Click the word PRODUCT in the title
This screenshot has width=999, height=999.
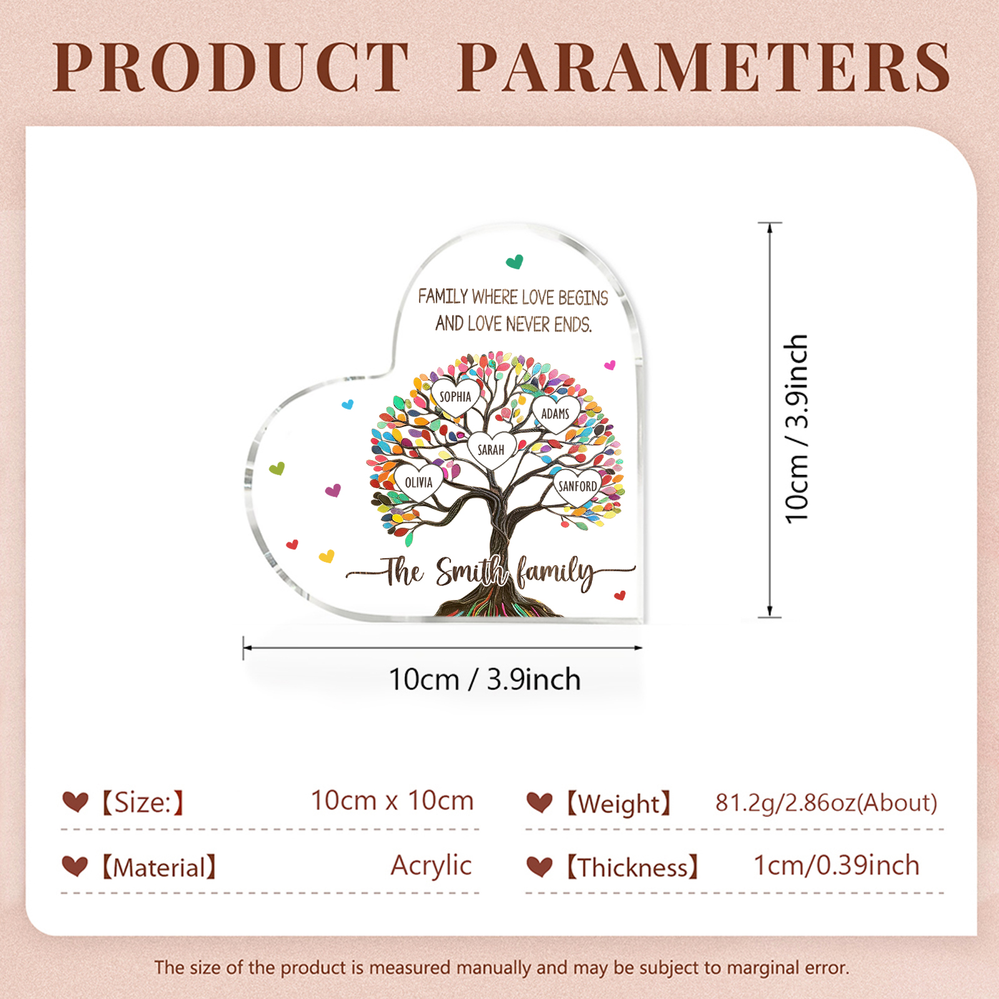coord(231,67)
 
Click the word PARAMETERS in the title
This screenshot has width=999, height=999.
coord(704,67)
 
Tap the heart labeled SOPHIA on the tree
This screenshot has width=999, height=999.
coord(455,396)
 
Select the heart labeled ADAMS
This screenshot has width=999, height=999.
coord(555,413)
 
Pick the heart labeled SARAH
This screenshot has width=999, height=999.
coord(491,450)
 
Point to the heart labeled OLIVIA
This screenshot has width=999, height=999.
coord(418,482)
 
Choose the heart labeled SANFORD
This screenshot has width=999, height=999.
coord(577,486)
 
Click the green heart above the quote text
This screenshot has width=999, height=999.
coord(514,262)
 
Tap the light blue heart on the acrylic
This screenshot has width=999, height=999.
coord(348,405)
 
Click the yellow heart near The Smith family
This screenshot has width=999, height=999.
coord(327,556)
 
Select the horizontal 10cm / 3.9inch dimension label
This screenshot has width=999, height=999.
coord(485,679)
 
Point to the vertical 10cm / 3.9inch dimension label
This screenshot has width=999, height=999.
coord(797,428)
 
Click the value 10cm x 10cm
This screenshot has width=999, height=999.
coord(392,800)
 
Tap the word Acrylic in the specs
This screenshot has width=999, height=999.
coord(431,865)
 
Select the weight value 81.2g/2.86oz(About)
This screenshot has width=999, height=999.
coord(826,802)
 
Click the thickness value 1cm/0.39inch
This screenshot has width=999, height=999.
coord(836,865)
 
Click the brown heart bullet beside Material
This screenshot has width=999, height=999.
coord(75,866)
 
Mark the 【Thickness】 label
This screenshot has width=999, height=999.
coord(632,867)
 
